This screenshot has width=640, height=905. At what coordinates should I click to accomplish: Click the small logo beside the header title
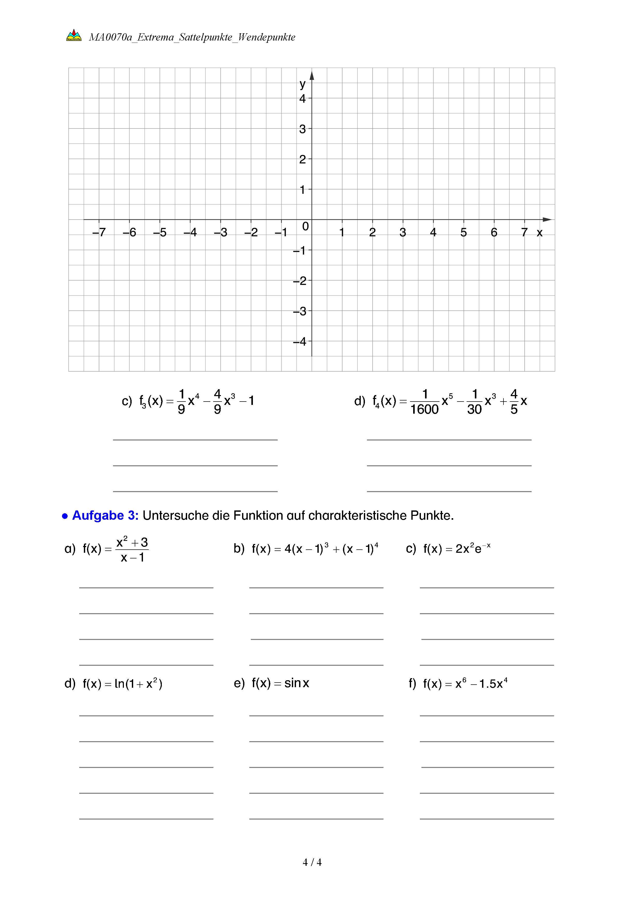pos(74,35)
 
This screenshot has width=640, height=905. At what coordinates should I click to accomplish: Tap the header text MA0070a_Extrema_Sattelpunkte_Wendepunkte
pos(192,37)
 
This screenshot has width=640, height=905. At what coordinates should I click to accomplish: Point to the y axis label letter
pos(302,84)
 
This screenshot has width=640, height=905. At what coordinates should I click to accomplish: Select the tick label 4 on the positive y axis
pos(302,99)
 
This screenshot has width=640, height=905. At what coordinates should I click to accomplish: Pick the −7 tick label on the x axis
pos(99,232)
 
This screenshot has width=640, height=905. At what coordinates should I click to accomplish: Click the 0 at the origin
pos(305,226)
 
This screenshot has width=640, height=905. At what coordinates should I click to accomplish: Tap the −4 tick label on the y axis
pos(300,341)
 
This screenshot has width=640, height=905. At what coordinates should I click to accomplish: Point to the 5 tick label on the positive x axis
pos(463,233)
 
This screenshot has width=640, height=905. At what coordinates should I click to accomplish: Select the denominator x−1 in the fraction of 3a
pos(132,558)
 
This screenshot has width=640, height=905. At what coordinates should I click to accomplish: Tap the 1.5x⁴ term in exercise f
pos(493,684)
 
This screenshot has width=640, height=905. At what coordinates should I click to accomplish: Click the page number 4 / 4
pos(312,862)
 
